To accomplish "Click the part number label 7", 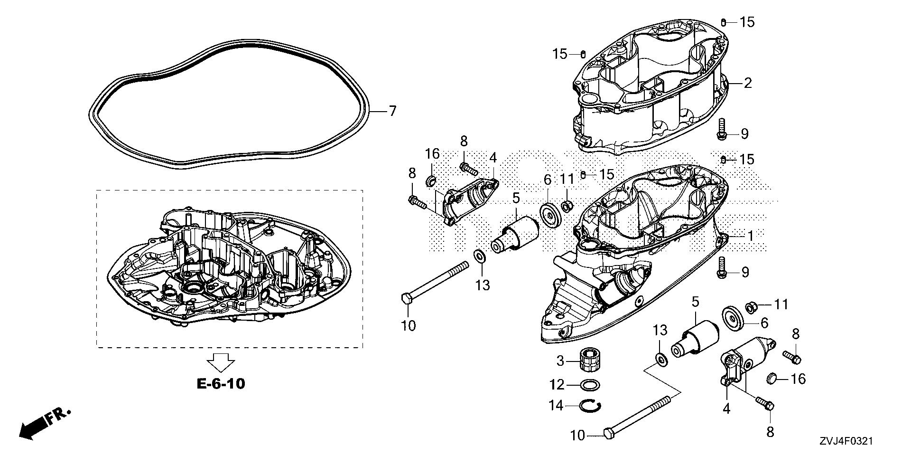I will (392, 112).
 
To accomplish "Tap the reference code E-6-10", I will (221, 383).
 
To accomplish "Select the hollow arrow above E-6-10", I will (221, 362).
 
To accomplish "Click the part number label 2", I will (748, 84).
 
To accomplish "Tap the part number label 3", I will (560, 361).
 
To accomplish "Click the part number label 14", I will (556, 406).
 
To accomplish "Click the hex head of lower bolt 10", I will (609, 433).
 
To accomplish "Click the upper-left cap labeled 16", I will (431, 181).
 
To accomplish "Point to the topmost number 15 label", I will (747, 22).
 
